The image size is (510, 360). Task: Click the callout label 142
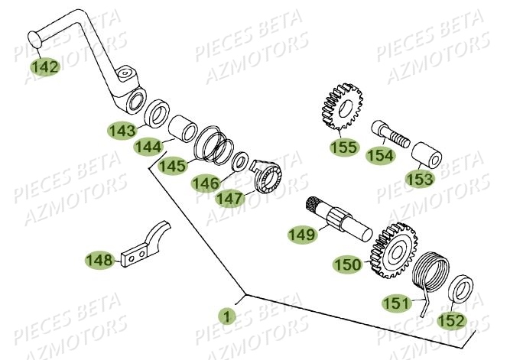pos(45,67)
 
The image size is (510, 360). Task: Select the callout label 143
pos(122,131)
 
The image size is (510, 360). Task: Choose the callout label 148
pos(99,261)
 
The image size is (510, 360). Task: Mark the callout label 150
pos(347,264)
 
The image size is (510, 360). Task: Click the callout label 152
pos(451,319)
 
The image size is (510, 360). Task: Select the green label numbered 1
pos(225,315)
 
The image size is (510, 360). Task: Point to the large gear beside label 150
pos(395,248)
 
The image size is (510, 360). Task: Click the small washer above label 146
pos(239,163)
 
